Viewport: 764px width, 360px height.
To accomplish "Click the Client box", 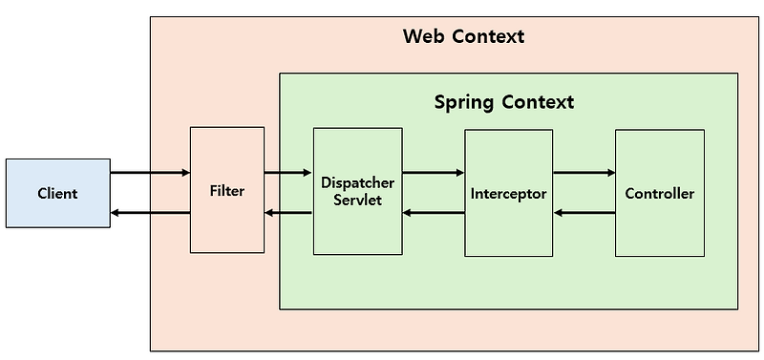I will (57, 194).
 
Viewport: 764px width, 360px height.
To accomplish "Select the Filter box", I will (227, 190).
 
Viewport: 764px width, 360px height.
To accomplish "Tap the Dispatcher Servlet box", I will (357, 192).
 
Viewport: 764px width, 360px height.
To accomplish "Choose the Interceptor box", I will (508, 194).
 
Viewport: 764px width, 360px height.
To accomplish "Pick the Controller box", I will (659, 194).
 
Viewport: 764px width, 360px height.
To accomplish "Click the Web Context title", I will (463, 37).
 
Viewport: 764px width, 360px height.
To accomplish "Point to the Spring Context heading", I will (504, 101).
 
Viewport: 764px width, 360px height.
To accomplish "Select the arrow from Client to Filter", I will (150, 173).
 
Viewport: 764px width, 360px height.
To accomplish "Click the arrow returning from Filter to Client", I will (150, 212).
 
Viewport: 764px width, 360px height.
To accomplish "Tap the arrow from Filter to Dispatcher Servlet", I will (288, 173).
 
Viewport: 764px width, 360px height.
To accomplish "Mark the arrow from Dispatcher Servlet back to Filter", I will (288, 212).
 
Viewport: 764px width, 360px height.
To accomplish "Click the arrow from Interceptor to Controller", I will (584, 173).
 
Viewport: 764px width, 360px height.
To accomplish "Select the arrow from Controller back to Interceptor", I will (584, 212).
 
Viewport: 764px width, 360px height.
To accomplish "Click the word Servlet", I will (357, 201).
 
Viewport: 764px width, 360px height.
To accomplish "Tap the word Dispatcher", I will (357, 182).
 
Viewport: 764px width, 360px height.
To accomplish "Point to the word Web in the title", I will (423, 37).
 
